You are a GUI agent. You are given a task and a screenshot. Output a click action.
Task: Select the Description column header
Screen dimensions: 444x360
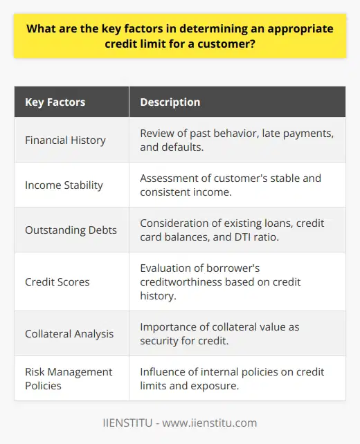(170, 102)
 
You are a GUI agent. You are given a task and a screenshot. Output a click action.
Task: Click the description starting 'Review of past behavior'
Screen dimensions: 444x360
(231, 140)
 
